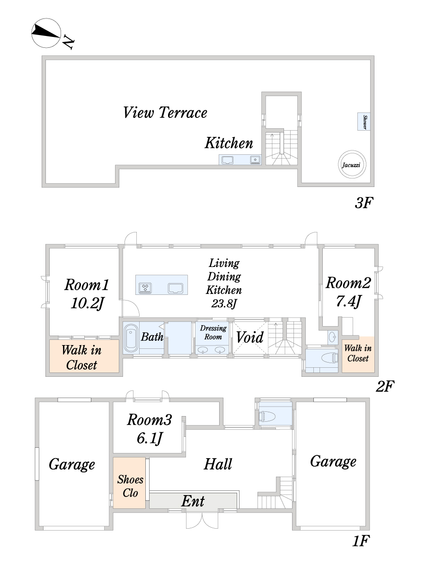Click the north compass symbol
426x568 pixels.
pyautogui.click(x=46, y=33)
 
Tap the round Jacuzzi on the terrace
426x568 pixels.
pyautogui.click(x=352, y=164)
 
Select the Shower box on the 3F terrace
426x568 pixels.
pyautogui.click(x=364, y=121)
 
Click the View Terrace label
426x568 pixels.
pyautogui.click(x=165, y=113)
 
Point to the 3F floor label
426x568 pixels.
pyautogui.click(x=364, y=203)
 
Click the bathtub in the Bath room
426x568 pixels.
pyautogui.click(x=131, y=338)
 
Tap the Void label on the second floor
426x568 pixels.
pyautogui.click(x=250, y=337)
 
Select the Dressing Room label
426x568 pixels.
pyautogui.click(x=213, y=333)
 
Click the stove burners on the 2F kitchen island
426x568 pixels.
pyautogui.click(x=145, y=288)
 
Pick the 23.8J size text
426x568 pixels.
pyautogui.click(x=224, y=303)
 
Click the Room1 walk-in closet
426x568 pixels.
pyautogui.click(x=84, y=356)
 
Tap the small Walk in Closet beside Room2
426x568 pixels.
pyautogui.click(x=358, y=355)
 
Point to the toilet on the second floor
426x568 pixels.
pyautogui.click(x=330, y=358)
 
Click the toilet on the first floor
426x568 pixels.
pyautogui.click(x=267, y=417)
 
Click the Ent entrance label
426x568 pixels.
pyautogui.click(x=193, y=501)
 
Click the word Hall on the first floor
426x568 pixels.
pyautogui.click(x=218, y=464)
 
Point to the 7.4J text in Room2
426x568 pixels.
pyautogui.click(x=348, y=301)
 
